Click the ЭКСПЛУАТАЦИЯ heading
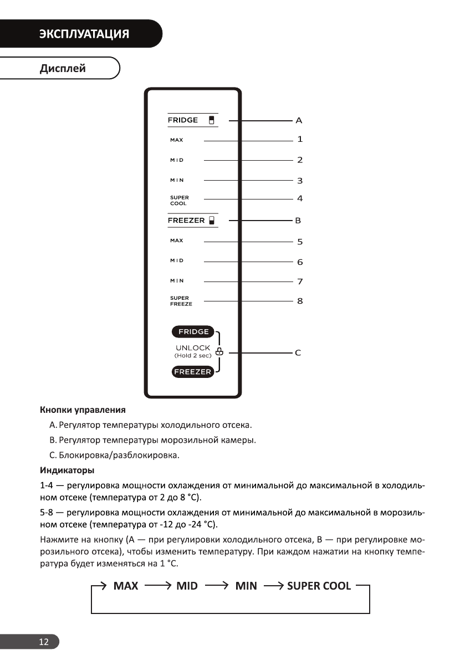[x=84, y=34]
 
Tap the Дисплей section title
[x=63, y=69]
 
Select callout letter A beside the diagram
[x=299, y=120]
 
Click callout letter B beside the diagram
[x=298, y=221]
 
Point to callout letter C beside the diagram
[x=298, y=352]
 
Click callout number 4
[x=299, y=198]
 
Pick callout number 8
[x=299, y=301]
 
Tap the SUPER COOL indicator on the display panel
[x=179, y=201]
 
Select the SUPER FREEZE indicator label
[x=181, y=301]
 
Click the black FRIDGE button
[x=193, y=332]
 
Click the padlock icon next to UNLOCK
[x=219, y=351]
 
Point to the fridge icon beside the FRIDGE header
[x=211, y=120]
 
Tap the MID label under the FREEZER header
[x=177, y=260]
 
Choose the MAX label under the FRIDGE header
[x=176, y=140]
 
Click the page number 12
[x=43, y=642]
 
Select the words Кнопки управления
[x=83, y=411]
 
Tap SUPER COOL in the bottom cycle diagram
[x=319, y=586]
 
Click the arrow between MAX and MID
[x=157, y=586]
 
